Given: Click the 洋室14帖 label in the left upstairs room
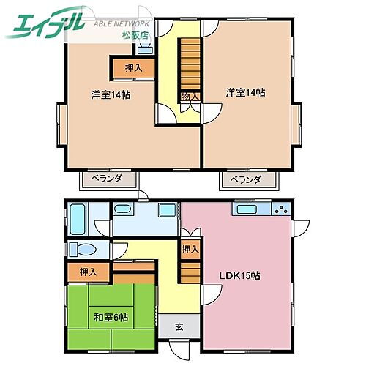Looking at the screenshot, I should tap(111, 95).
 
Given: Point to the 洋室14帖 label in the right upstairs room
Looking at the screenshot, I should tap(245, 92).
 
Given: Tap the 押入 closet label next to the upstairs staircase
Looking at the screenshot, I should tap(132, 68).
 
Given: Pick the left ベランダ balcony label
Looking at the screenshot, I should tap(108, 179).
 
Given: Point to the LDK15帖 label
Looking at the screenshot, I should tap(241, 276).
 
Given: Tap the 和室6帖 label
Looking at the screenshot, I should tap(111, 317).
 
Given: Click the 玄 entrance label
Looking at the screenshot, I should tap(180, 327).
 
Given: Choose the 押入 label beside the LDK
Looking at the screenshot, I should tap(190, 250).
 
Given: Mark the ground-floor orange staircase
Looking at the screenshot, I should tap(190, 274).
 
